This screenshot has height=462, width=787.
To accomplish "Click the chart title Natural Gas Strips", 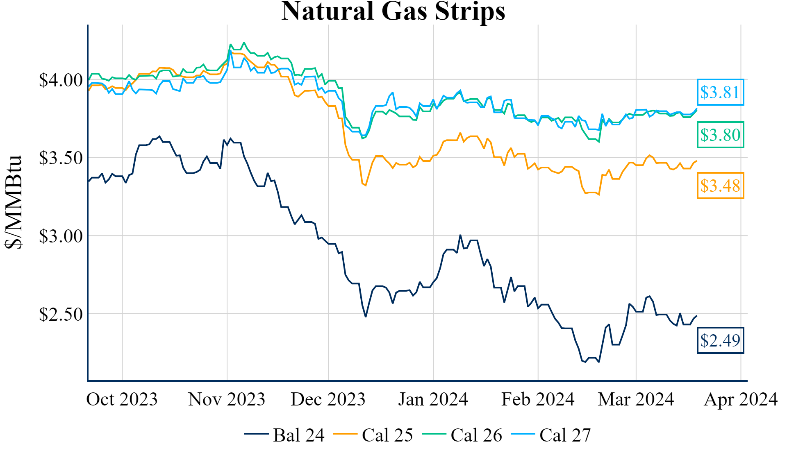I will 393,11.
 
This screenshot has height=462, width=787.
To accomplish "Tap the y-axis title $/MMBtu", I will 14,202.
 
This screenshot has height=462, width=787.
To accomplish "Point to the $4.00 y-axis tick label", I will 61,80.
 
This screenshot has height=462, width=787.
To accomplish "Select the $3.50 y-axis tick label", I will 61,158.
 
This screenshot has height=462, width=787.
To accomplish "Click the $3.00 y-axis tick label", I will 61,236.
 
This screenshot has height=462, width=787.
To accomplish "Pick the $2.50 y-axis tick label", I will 61,315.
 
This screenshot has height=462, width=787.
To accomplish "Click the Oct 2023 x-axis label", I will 122,399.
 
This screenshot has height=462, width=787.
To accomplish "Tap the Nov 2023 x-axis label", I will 227,399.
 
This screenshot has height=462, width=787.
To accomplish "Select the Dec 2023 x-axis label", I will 328,399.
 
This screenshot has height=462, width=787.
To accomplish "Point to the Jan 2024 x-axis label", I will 433,399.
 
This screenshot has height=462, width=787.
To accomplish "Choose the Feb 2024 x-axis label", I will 538,399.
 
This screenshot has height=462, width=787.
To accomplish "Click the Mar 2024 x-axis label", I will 636,399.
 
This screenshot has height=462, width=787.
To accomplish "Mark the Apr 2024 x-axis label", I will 740,399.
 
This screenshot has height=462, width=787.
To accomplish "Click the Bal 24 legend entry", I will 285,435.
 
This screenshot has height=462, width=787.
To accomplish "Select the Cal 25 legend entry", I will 373,435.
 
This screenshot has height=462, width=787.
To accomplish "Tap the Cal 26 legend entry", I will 462,435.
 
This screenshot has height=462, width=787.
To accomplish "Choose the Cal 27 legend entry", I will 551,435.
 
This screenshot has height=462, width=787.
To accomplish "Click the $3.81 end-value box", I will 720,92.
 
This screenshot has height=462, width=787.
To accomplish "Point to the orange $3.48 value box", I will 720,186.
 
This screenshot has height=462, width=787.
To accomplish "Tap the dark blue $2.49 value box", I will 720,340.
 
